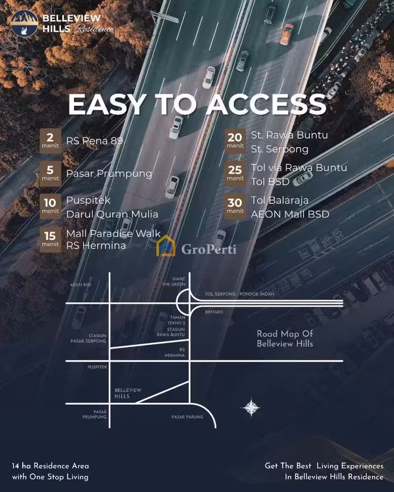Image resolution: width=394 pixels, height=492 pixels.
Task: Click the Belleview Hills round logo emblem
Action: pos(24,23)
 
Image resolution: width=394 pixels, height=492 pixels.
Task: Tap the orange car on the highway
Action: pos(287,34)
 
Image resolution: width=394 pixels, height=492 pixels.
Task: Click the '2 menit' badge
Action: pos(50,141)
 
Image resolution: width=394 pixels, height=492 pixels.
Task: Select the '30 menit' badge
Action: pos(235,206)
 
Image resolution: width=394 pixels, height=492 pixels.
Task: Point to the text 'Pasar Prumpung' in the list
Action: pos(109,174)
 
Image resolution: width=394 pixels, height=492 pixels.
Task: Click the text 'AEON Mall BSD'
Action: pos(290,214)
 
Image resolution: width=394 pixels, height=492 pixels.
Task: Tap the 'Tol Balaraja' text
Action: pos(280,200)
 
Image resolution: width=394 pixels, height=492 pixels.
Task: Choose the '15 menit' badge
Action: pos(50,240)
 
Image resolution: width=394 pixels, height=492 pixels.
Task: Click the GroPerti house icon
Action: pos(166,246)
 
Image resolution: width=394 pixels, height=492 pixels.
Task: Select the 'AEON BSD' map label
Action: pos(80,285)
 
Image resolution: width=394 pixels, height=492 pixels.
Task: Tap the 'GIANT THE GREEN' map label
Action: pos(174,281)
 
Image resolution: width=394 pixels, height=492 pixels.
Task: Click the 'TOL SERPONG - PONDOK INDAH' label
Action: pos(239,294)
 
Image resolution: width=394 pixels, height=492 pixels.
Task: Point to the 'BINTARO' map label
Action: pos(214,312)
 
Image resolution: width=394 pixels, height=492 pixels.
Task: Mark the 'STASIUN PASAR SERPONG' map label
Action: pos(88,338)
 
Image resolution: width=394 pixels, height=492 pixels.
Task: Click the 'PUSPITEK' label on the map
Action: pos(98,367)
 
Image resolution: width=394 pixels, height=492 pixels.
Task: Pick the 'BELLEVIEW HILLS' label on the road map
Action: pos(128,393)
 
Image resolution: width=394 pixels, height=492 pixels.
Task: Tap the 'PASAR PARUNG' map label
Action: pos(187,417)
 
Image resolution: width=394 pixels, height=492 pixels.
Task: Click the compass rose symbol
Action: pos(251,407)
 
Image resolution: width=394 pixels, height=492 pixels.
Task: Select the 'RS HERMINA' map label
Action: pos(174,352)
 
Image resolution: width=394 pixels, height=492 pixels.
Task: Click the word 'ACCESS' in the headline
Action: pos(266,104)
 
